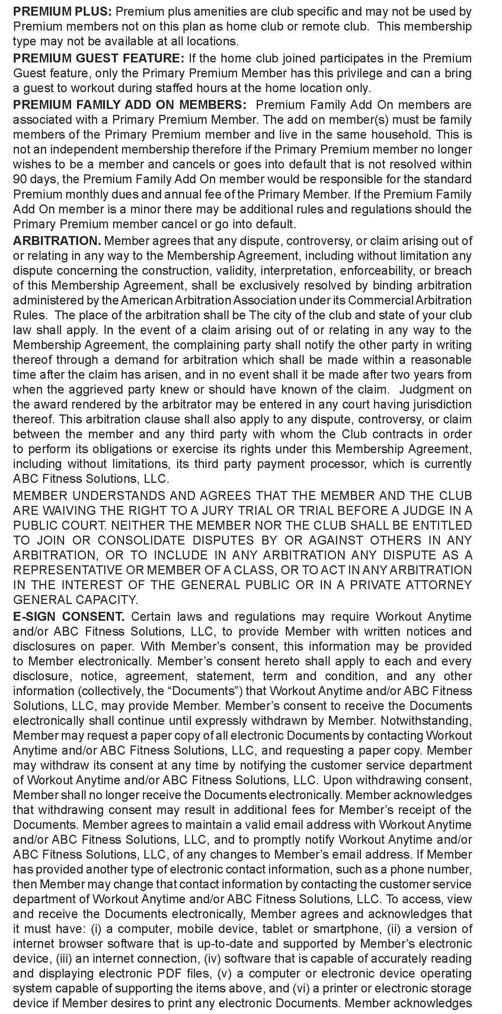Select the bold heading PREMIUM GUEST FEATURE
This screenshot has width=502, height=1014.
point(99,58)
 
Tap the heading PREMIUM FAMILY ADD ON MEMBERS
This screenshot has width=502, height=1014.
point(130,105)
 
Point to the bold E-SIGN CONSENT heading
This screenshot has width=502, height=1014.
point(69,616)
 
